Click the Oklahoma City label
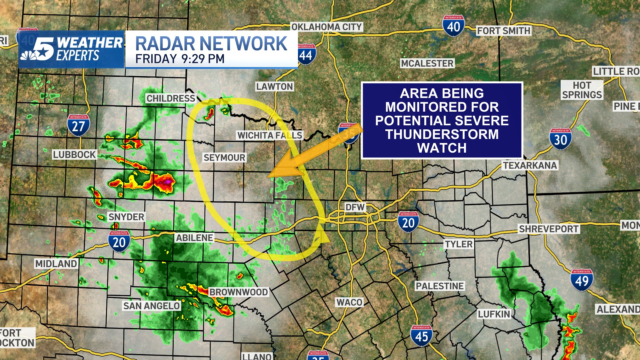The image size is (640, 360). click(326, 27)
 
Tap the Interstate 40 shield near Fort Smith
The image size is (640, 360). click(453, 26)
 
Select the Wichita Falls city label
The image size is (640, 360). click(270, 135)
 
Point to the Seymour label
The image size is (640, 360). click(224, 158)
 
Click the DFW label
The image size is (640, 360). click(355, 207)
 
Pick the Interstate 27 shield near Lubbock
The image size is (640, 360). click(78, 125)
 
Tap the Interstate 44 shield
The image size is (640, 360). click(306, 54)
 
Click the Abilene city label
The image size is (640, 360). click(195, 238)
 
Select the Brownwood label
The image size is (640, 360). click(238, 292)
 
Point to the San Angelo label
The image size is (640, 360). click(151, 306)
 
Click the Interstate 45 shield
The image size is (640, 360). click(421, 336)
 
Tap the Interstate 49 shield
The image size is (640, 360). click(582, 280)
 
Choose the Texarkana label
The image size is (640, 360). click(530, 165)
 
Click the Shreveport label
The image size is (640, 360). click(549, 229)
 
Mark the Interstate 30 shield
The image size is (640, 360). click(560, 139)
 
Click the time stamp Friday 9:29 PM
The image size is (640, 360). click(180, 59)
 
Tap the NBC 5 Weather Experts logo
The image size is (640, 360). click(71, 49)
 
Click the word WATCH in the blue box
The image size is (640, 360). click(442, 148)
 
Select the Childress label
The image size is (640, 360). click(171, 98)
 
